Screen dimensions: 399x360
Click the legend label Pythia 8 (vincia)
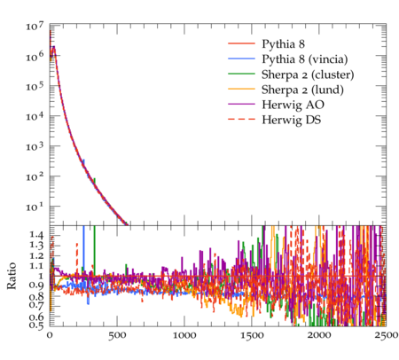pyautogui.click(x=305, y=59)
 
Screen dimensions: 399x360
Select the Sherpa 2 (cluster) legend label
pyautogui.click(x=308, y=74)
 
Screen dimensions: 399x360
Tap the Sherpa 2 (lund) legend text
pyautogui.click(x=302, y=90)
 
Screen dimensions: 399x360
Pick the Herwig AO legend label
pyautogui.click(x=293, y=105)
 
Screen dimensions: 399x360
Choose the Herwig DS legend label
pyautogui.click(x=292, y=120)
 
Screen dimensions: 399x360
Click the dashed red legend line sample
pyautogui.click(x=241, y=119)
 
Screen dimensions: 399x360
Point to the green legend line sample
pyautogui.click(x=241, y=74)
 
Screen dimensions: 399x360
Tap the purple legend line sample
pyautogui.click(x=241, y=104)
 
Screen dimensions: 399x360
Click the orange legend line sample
pyautogui.click(x=241, y=89)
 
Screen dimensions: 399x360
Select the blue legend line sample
pyautogui.click(x=241, y=59)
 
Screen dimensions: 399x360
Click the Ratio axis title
pyautogui.click(x=12, y=276)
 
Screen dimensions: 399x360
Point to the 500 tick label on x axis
pyautogui.click(x=117, y=336)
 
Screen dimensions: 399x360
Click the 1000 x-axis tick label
pyautogui.click(x=184, y=336)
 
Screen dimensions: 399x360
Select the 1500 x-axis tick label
pyautogui.click(x=252, y=336)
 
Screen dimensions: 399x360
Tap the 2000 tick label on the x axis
pyautogui.click(x=319, y=336)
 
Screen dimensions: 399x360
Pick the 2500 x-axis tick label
pyautogui.click(x=387, y=336)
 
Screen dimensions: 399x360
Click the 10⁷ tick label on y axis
pyautogui.click(x=35, y=26)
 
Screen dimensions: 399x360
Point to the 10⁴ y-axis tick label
pyautogui.click(x=35, y=116)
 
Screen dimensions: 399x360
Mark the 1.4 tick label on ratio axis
pyautogui.click(x=36, y=235)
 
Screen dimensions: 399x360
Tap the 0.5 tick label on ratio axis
pyautogui.click(x=36, y=325)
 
